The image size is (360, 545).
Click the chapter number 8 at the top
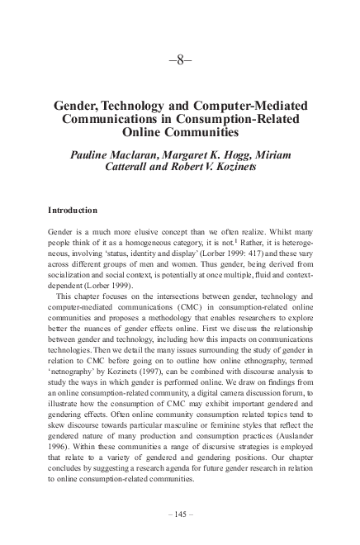(x=180, y=62)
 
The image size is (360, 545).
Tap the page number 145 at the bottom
(x=180, y=514)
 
